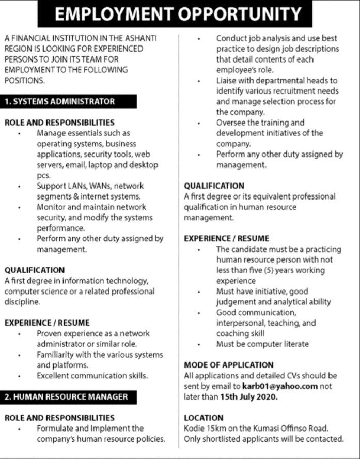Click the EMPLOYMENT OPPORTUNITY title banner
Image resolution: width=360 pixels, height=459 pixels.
coord(180,14)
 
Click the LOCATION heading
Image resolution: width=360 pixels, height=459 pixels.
coord(204,417)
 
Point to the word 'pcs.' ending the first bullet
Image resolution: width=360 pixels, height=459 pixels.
coord(43,175)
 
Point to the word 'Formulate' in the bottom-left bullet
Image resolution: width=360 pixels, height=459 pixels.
coord(54,428)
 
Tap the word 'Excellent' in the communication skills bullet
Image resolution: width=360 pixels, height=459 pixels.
coord(53,375)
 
